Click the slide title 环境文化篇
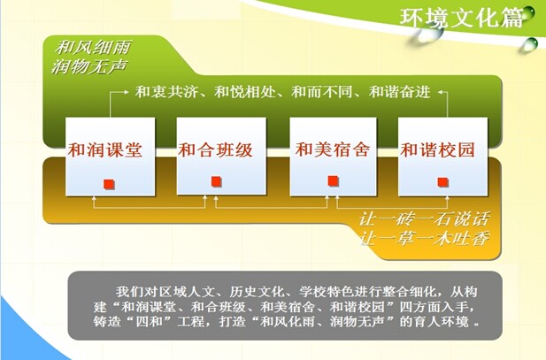461,18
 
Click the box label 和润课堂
105,150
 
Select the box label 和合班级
216,150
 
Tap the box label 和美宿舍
333,149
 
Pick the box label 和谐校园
438,150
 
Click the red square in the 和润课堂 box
110,184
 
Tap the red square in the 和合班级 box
216,181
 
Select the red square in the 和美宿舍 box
334,180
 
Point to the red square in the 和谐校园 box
443,182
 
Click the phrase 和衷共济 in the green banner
166,92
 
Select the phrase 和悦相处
245,92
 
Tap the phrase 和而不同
322,92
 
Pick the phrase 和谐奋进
400,92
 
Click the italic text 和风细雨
93,48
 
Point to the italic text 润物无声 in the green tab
89,66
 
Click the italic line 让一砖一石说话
425,219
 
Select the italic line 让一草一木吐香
424,239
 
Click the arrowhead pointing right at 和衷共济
126,92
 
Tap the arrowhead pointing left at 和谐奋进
441,92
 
